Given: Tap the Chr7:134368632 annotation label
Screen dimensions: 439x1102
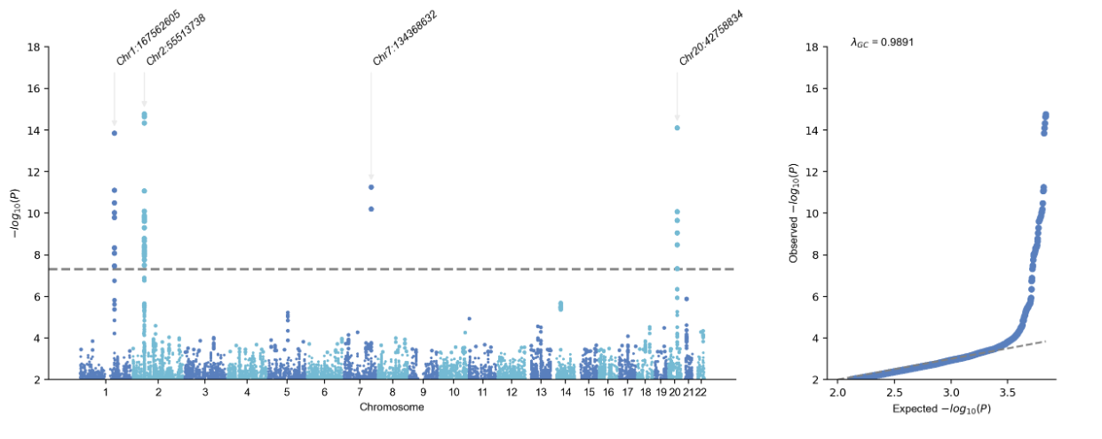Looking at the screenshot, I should [x=405, y=38].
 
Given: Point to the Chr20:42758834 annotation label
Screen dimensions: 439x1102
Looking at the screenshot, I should [x=711, y=38].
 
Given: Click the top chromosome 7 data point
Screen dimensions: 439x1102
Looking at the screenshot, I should [x=371, y=187].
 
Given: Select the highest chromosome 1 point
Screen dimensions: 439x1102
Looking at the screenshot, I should [x=114, y=133].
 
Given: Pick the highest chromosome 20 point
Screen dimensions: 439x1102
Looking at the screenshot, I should [x=677, y=128].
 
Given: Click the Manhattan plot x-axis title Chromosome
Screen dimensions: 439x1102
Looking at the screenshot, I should [x=392, y=407].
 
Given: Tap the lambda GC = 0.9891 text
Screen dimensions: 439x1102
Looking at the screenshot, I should [x=883, y=42].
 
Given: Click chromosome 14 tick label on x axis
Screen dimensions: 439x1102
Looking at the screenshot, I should [x=566, y=391].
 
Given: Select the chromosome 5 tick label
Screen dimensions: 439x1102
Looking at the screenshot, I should [x=287, y=391].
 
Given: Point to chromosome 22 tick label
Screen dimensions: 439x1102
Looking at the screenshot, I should [x=701, y=391].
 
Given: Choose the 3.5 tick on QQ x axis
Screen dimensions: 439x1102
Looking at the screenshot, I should [x=1008, y=391].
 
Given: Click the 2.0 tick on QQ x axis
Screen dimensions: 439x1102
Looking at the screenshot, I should [x=838, y=391].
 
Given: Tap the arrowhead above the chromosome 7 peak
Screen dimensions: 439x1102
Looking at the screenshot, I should [x=371, y=176].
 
